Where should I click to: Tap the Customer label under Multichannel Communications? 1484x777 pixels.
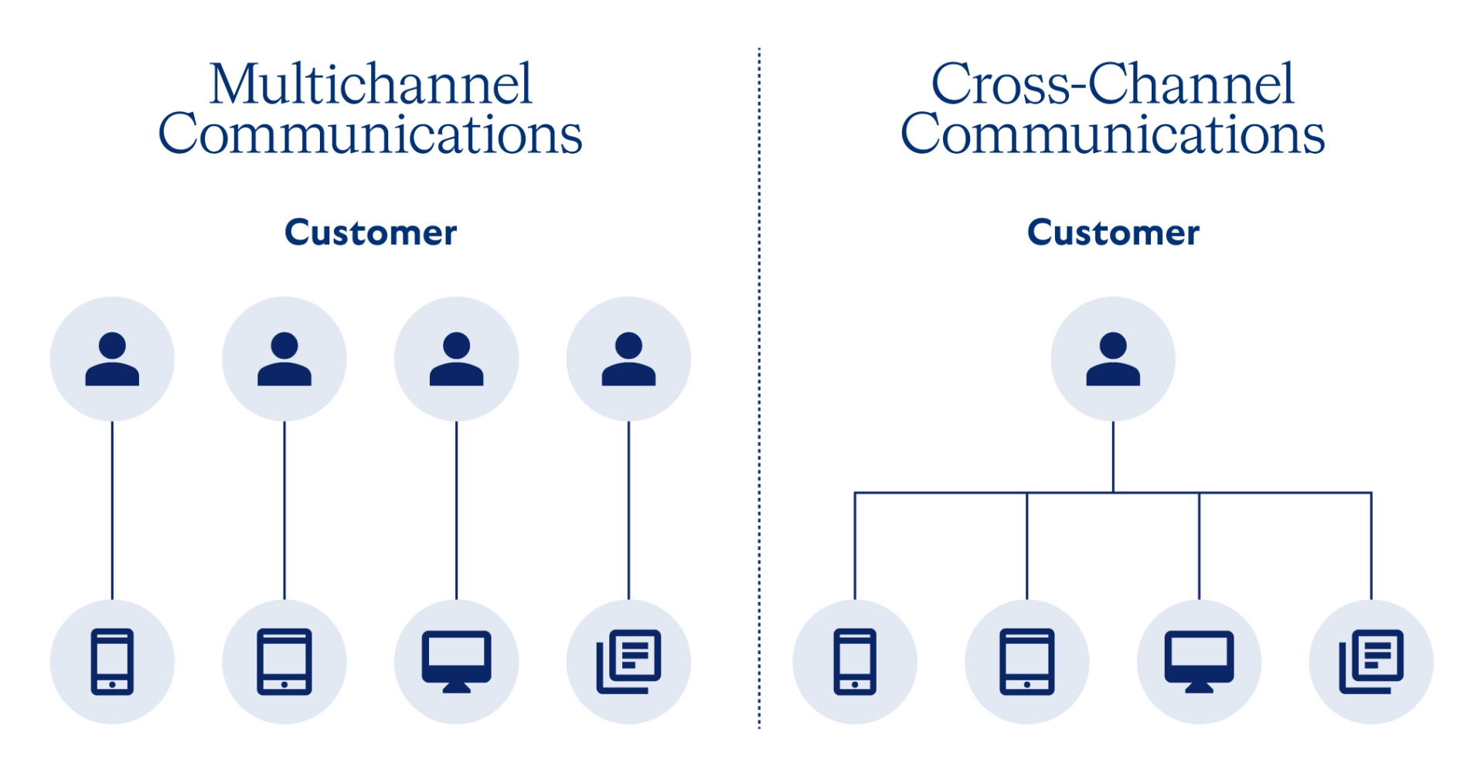[x=370, y=233]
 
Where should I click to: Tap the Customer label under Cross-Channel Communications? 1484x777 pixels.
[x=1113, y=233]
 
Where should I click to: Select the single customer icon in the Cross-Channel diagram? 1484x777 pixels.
[x=1113, y=359]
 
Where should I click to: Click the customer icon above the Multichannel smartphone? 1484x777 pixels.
[x=112, y=359]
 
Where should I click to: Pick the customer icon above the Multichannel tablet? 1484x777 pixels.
[x=284, y=359]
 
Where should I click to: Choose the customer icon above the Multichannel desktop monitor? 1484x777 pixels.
[x=456, y=359]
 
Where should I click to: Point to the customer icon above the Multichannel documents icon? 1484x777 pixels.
[x=628, y=359]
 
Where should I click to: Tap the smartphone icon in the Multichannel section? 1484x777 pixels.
[x=112, y=662]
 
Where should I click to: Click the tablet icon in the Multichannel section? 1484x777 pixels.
[x=284, y=662]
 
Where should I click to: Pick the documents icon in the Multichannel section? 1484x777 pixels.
[x=628, y=662]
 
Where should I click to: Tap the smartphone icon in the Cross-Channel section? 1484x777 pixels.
[x=855, y=662]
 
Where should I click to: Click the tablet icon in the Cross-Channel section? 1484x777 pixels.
[x=1027, y=662]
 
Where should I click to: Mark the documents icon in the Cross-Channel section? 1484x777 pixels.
[x=1371, y=662]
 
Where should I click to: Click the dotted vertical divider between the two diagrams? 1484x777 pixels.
[x=760, y=387]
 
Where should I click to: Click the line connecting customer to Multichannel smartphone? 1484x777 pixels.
[x=112, y=510]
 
